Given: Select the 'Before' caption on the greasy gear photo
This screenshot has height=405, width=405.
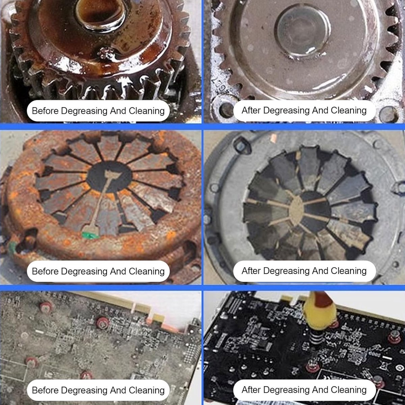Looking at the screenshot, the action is [98, 111].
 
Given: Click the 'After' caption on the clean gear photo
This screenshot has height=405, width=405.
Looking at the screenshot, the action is [304, 110].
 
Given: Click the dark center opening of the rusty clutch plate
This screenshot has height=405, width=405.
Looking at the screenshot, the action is [109, 177].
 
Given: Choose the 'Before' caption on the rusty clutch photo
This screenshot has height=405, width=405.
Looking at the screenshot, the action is [98, 271].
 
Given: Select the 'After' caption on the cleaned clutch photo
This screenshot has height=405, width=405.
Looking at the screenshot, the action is [304, 271].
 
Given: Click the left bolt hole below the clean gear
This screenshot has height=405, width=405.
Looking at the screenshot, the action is [226, 109].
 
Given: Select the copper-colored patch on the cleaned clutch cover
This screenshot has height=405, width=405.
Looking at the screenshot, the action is [273, 138].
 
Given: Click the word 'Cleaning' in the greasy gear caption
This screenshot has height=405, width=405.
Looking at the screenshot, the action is [147, 111].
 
